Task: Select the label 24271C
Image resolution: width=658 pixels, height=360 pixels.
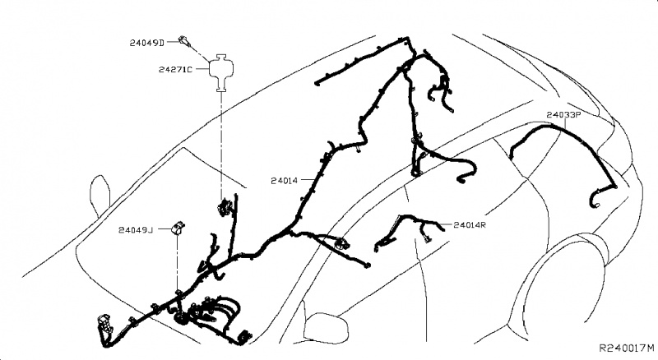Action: coord(176,70)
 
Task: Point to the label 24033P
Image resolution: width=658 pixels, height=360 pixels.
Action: coord(563,116)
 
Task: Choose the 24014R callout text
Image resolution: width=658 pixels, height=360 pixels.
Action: coord(471,224)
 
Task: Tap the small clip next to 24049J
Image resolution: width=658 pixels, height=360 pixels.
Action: coord(178,228)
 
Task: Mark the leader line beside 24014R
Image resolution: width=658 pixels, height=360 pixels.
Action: coord(447,224)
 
